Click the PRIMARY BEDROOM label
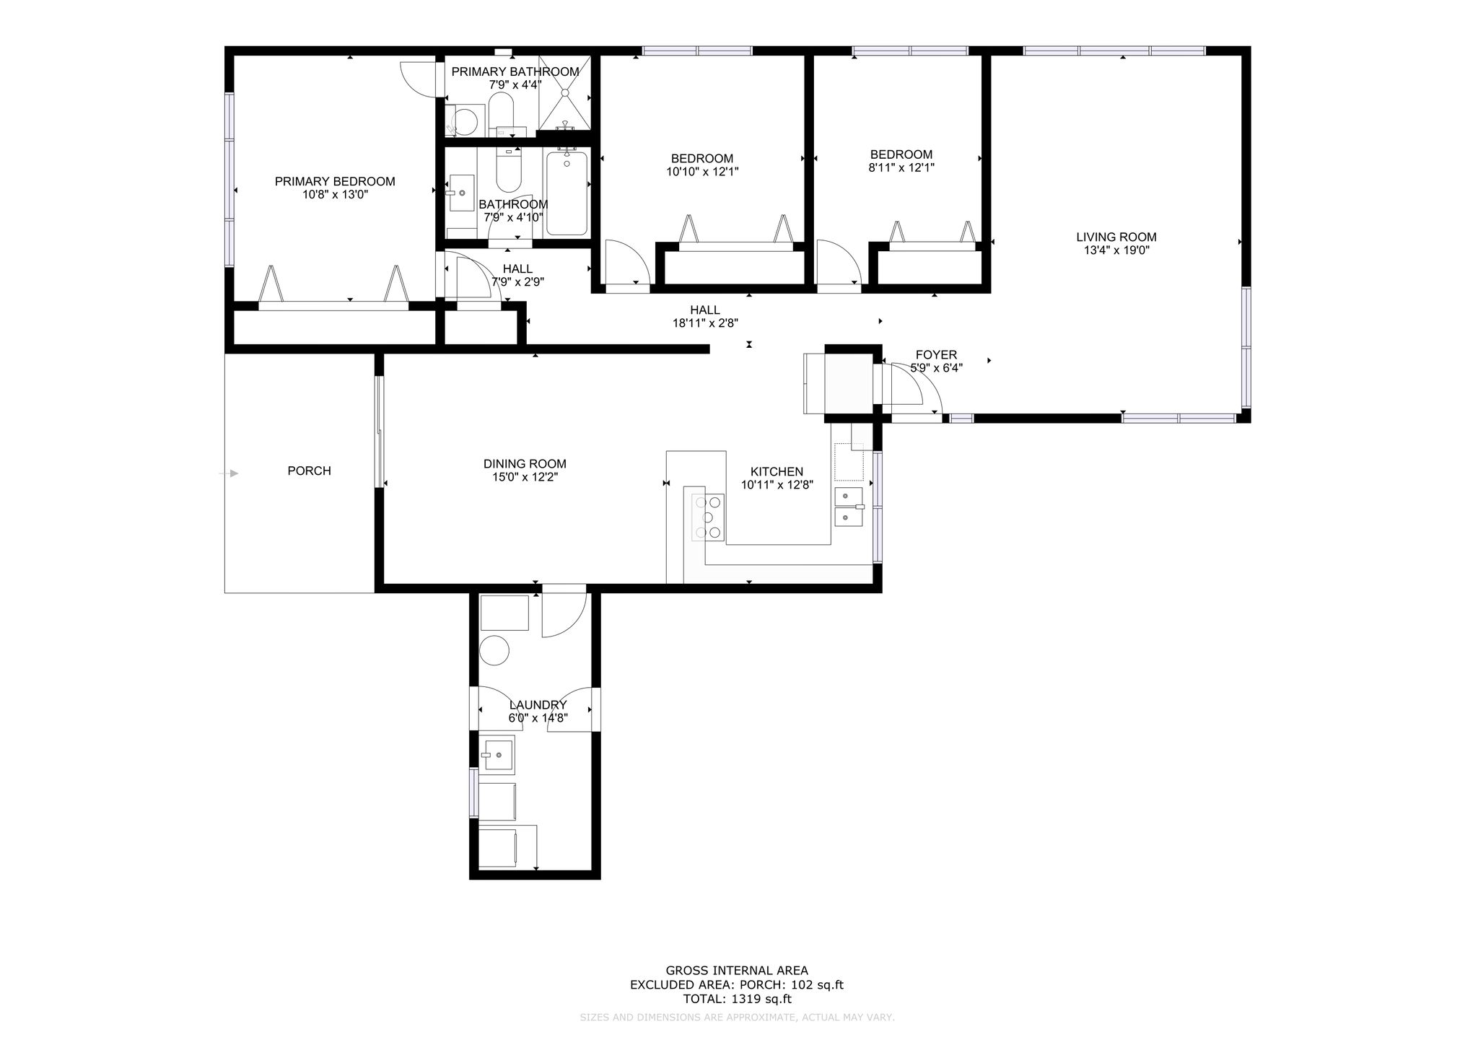335,181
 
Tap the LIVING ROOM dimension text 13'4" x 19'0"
1116,250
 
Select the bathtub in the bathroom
567,193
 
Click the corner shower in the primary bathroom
564,93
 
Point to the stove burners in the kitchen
707,517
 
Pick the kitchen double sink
849,507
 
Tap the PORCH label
310,471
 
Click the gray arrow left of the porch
229,473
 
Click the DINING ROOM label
525,464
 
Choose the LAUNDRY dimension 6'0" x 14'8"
538,718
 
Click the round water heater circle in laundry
495,650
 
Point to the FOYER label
936,354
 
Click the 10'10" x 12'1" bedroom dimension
702,172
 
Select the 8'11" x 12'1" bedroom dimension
901,167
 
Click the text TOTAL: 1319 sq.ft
737,999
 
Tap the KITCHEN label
777,472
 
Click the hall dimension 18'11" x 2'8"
705,323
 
